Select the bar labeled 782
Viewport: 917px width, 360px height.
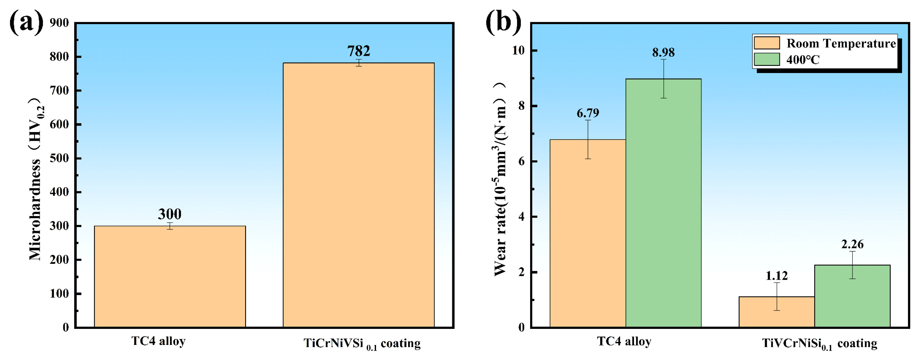click(359, 195)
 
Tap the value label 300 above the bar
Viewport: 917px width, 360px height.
click(170, 214)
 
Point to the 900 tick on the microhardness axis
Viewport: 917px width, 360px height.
click(60, 23)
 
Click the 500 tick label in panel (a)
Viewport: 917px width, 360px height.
click(60, 159)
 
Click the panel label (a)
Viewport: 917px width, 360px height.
click(26, 22)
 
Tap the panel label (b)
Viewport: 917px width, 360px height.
click(503, 22)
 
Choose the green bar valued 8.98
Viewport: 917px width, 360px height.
click(663, 203)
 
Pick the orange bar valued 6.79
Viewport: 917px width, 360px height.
click(588, 233)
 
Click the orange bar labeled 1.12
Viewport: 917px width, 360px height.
click(777, 312)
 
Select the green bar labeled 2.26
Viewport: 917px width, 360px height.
click(852, 296)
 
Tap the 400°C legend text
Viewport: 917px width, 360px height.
click(803, 60)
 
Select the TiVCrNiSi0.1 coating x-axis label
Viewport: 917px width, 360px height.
click(819, 344)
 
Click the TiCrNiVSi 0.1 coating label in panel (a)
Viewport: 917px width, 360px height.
click(362, 344)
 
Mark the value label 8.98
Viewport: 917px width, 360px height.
click(663, 53)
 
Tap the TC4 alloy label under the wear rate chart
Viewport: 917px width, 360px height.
click(624, 341)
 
